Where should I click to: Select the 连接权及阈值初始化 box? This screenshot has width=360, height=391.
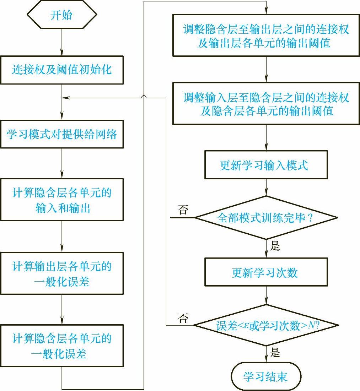pos(62,70)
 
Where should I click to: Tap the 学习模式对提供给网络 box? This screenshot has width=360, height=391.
pos(62,135)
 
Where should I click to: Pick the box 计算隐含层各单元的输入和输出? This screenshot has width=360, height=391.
pos(62,200)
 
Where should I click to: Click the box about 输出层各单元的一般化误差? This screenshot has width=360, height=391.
pos(62,273)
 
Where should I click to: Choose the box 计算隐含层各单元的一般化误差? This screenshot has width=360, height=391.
pos(62,346)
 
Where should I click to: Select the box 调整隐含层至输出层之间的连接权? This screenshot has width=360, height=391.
pos(266,36)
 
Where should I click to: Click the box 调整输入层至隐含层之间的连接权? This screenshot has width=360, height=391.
pos(266,103)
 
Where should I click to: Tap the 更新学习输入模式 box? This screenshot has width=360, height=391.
pos(266,165)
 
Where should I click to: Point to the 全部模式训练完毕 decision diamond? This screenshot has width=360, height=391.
pos(266,218)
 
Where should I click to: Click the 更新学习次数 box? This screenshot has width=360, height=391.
pos(266,272)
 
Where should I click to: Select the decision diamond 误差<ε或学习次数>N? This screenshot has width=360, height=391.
pos(266,325)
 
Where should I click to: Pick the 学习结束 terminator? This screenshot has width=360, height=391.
pos(266,376)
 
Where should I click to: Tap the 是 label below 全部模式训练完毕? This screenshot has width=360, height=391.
pos(275,246)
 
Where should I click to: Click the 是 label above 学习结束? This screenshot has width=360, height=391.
pos(275,353)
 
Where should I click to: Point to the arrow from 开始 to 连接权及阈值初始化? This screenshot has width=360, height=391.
pos(62,42)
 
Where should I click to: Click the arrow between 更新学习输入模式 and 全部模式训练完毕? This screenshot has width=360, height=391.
pos(266,188)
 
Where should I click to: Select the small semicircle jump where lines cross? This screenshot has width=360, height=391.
pos(144,97)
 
